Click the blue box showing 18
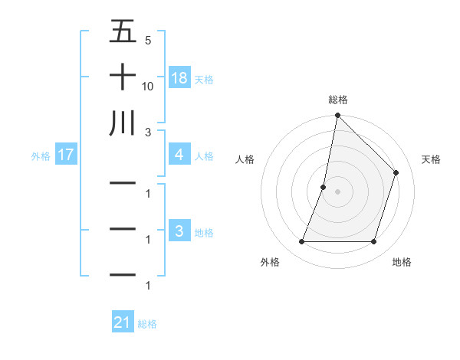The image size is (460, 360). click(x=179, y=78)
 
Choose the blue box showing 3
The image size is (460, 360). click(x=179, y=232)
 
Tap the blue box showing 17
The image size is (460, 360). click(x=65, y=155)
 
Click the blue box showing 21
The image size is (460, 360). click(x=123, y=323)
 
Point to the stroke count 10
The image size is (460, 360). click(x=148, y=87)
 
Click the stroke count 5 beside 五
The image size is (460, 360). click(x=148, y=41)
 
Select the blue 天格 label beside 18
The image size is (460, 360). click(x=204, y=79)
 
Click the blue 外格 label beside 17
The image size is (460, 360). click(x=41, y=156)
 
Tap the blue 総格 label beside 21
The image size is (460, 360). click(x=147, y=324)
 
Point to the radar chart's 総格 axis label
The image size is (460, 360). click(x=337, y=100)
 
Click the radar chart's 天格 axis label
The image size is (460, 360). click(x=432, y=159)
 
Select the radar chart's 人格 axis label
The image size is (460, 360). click(x=245, y=159)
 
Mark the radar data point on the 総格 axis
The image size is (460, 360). click(x=337, y=116)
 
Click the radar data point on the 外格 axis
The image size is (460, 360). click(x=301, y=242)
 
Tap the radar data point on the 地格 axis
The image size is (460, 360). click(x=373, y=242)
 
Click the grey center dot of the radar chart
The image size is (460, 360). click(x=337, y=191)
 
